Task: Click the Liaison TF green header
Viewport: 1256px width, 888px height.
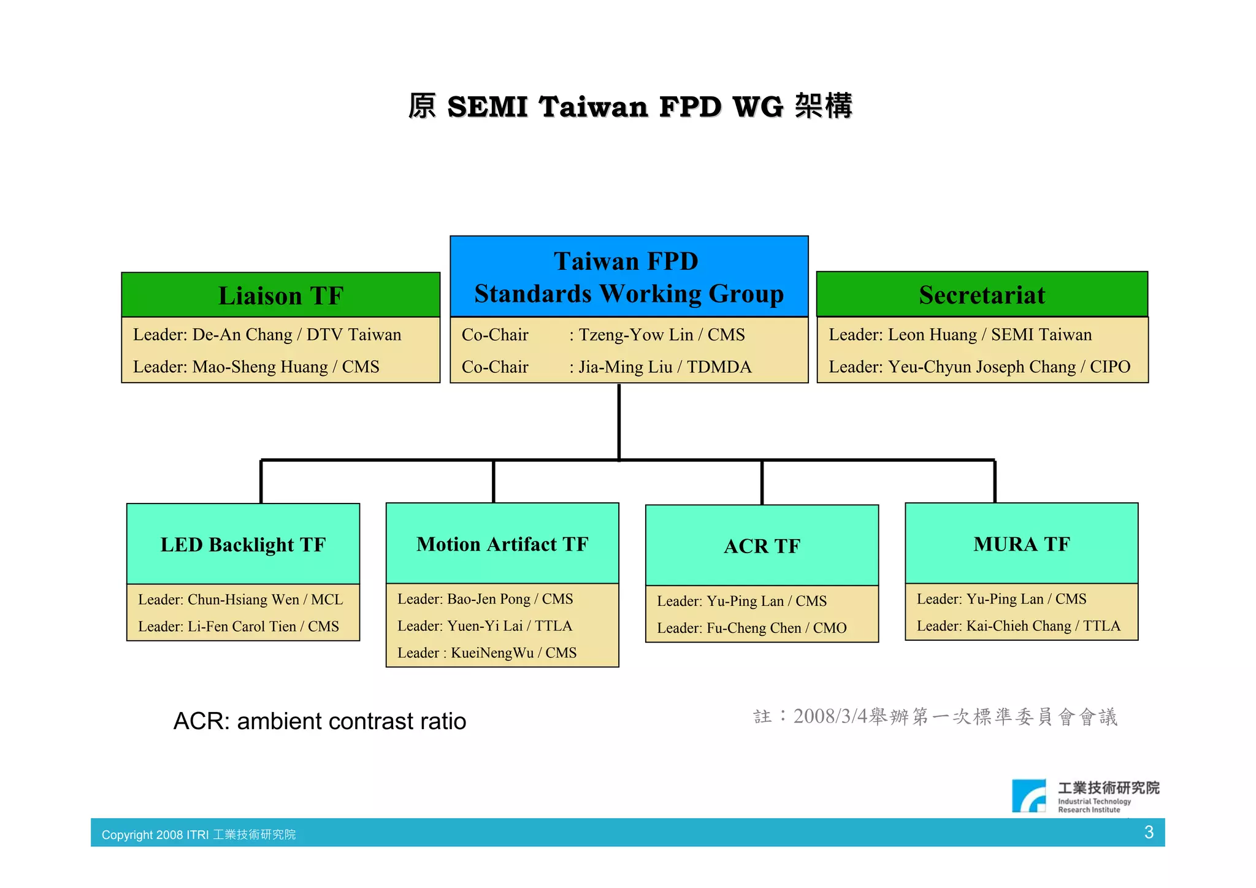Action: pyautogui.click(x=281, y=296)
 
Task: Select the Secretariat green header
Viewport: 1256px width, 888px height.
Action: pyautogui.click(x=982, y=295)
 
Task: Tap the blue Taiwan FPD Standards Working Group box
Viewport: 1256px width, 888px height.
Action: pyautogui.click(x=629, y=277)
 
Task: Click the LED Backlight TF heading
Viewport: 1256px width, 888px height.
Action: pyautogui.click(x=243, y=545)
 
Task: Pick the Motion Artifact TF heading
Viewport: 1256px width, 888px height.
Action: pyautogui.click(x=502, y=544)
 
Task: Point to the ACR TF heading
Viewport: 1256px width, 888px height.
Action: pyautogui.click(x=762, y=546)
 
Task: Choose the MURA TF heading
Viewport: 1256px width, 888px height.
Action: pyautogui.click(x=1021, y=544)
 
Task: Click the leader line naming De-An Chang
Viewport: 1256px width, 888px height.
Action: pyautogui.click(x=267, y=335)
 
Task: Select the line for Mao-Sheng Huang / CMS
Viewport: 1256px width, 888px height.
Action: pyautogui.click(x=256, y=367)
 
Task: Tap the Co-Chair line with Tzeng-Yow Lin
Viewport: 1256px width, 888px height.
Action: pyautogui.click(x=603, y=335)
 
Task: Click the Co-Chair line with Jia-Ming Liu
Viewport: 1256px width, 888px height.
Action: pyautogui.click(x=606, y=367)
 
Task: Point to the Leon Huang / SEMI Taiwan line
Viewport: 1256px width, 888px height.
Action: pyautogui.click(x=960, y=335)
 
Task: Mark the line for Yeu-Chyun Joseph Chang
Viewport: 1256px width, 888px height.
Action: pyautogui.click(x=979, y=367)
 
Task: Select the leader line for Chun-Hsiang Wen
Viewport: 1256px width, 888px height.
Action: pyautogui.click(x=240, y=599)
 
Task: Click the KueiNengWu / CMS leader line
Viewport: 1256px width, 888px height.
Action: pyautogui.click(x=487, y=653)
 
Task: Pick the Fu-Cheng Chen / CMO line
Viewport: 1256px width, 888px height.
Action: pyautogui.click(x=752, y=628)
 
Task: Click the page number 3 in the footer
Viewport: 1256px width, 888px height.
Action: pyautogui.click(x=1149, y=832)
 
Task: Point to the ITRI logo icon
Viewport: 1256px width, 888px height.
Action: pyautogui.click(x=1029, y=796)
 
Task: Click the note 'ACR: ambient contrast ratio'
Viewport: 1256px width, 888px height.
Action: pyautogui.click(x=320, y=721)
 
